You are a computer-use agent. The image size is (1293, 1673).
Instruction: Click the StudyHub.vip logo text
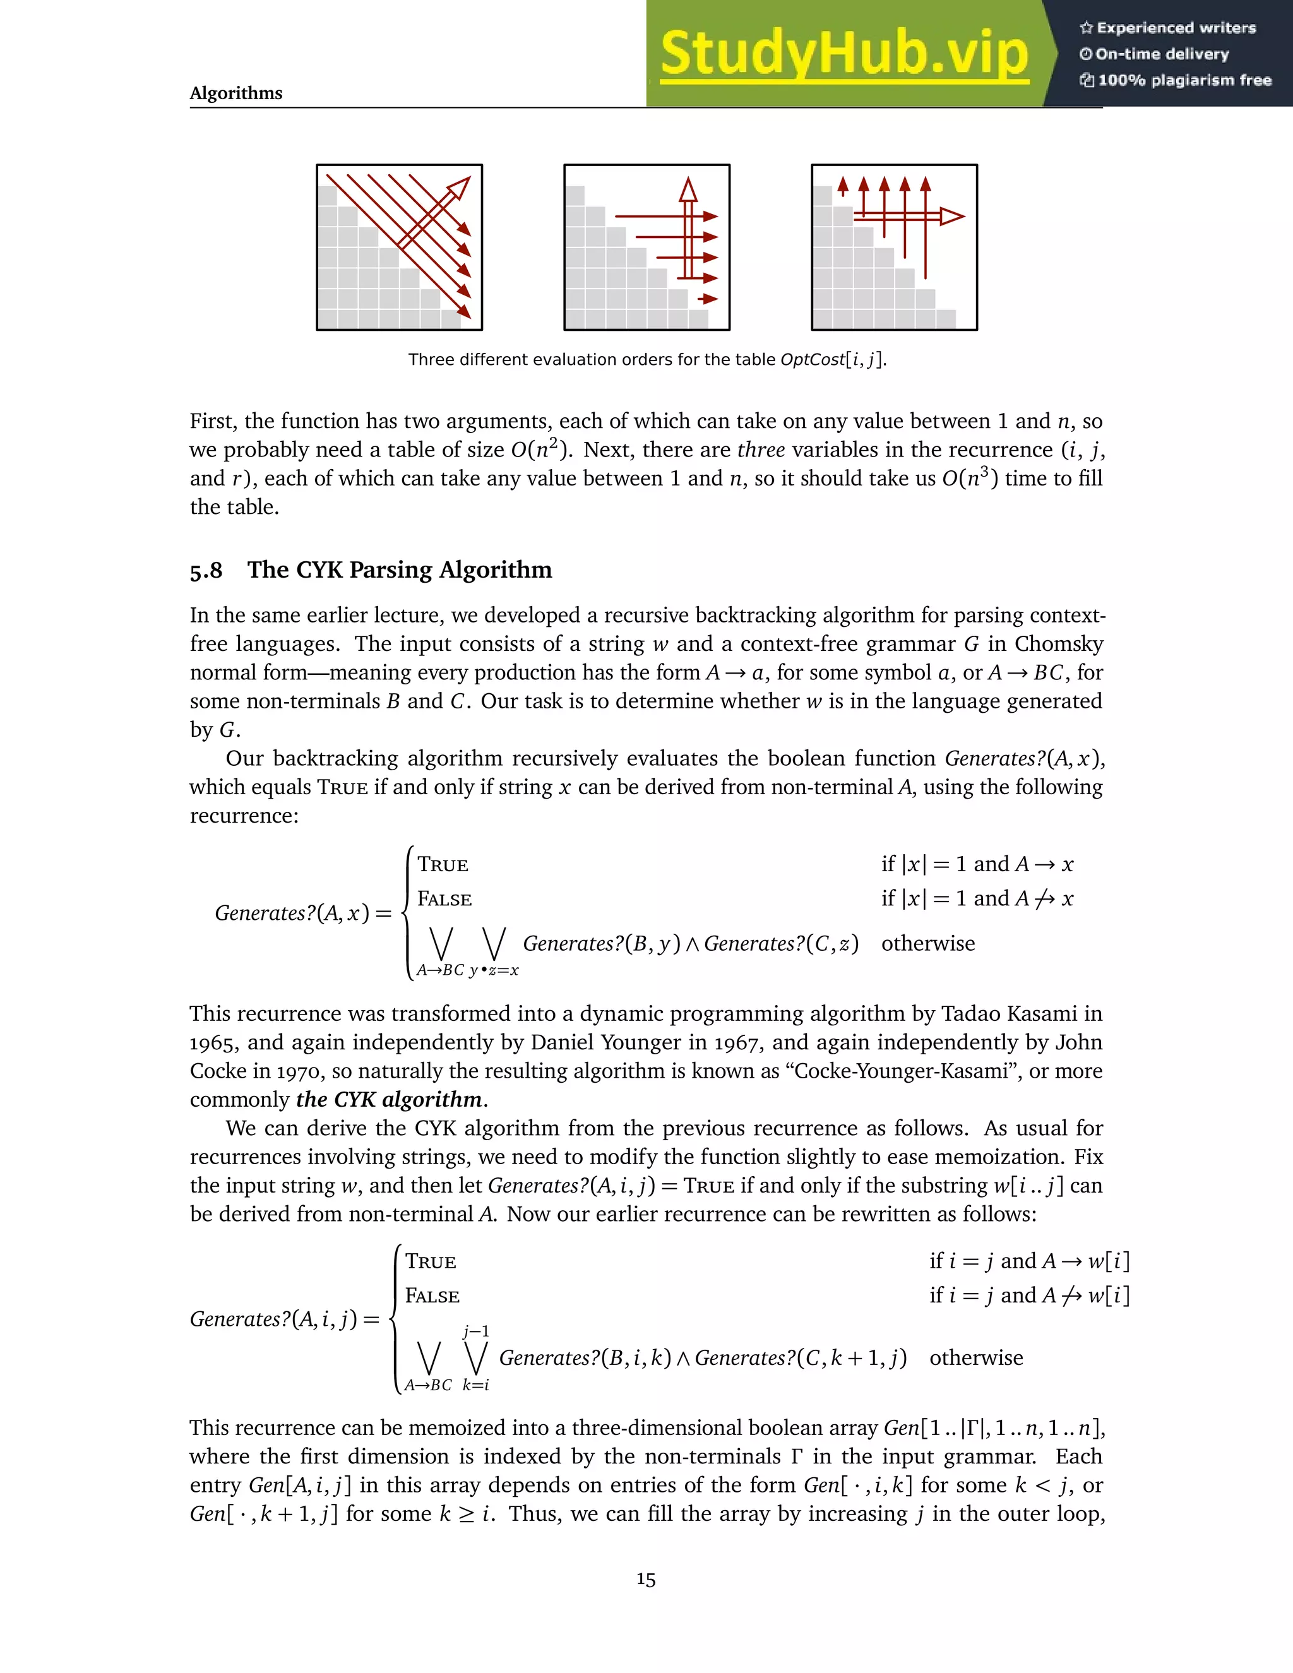(843, 54)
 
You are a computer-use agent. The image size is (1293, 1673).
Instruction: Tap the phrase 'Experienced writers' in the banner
(1176, 28)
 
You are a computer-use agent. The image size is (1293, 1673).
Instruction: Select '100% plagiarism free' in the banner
(1184, 80)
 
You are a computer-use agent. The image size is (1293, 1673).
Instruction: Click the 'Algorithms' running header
(236, 93)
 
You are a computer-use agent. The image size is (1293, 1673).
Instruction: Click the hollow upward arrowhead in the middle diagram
(688, 189)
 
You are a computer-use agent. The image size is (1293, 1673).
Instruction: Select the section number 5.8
(206, 571)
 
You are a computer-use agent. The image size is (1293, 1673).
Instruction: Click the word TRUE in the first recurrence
(443, 865)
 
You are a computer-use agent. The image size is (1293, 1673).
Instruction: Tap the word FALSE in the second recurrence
(432, 1296)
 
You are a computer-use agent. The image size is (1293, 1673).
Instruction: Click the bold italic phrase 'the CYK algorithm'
(389, 1100)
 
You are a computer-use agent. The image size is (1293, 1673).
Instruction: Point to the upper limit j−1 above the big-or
(475, 1331)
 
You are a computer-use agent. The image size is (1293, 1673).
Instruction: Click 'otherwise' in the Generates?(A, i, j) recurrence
(976, 1358)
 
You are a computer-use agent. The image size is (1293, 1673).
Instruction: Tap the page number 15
(646, 1580)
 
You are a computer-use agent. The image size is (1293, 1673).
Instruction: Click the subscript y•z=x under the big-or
(494, 970)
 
